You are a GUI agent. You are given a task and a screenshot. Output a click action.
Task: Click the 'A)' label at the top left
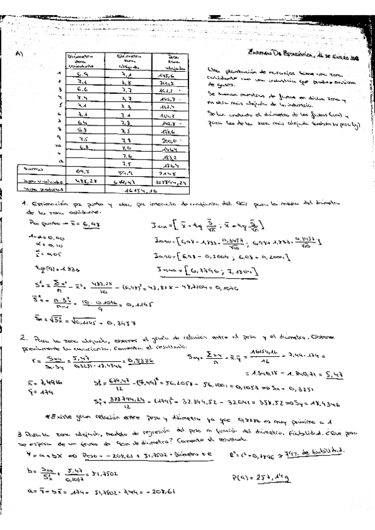(x=19, y=54)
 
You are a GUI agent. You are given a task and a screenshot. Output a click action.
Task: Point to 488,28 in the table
(x=83, y=179)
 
